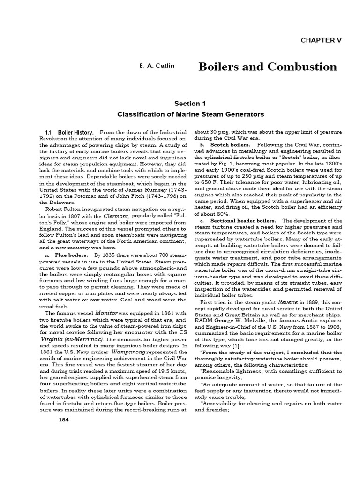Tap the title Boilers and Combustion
coord(268,67)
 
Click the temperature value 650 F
coord(211,181)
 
